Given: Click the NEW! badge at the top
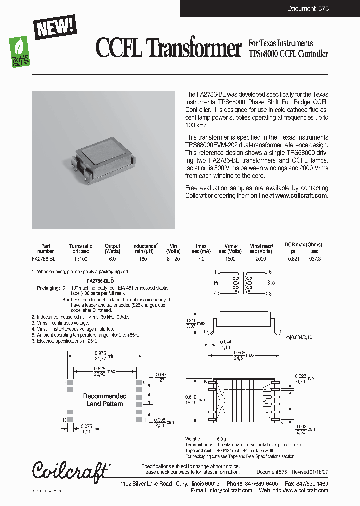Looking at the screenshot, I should point(55,26).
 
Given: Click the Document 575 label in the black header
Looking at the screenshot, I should point(308,9).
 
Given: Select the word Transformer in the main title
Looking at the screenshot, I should point(195,49).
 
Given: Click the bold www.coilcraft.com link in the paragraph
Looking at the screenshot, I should point(302,196).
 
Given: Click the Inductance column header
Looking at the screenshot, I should point(144,246).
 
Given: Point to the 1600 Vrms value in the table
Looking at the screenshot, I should point(230,259).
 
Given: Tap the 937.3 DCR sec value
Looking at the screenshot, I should point(315,259).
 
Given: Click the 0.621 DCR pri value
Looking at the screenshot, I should point(294,259).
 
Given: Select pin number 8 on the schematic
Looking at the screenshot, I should point(270,294).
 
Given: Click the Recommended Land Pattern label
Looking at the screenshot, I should point(105,400).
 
